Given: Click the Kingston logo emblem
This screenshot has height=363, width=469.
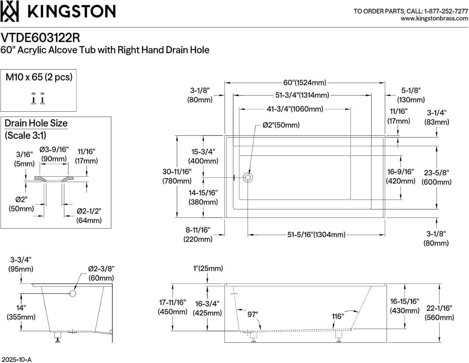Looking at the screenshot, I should click(10, 11).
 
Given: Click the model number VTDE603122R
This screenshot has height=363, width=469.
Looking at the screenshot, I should click(40, 38).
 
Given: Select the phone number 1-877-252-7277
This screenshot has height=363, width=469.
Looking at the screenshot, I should click(446, 11).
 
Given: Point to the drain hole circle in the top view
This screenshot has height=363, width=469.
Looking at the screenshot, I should click(248, 178).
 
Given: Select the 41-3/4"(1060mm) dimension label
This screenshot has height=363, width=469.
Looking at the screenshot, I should click(295, 109).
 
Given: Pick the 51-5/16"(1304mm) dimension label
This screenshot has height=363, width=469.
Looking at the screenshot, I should click(316, 235).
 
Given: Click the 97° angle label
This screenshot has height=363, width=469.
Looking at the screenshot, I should click(253, 314).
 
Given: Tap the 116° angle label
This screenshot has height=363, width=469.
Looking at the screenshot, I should click(338, 316).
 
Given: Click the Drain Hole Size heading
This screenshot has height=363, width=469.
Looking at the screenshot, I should click(36, 123).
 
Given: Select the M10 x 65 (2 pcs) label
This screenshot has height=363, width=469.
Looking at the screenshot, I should click(39, 77).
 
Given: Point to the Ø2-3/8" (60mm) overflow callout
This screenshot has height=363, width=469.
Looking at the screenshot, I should click(101, 273).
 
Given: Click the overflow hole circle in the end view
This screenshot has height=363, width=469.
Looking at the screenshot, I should click(73, 294).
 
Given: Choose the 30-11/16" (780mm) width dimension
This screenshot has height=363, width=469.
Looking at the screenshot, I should click(177, 176).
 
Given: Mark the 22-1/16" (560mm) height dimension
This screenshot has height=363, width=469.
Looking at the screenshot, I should click(439, 313).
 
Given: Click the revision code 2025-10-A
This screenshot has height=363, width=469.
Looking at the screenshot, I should click(17, 359).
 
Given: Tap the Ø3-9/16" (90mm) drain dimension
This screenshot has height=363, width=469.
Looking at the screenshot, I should click(54, 154).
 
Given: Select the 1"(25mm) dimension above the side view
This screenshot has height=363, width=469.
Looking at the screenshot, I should click(208, 268).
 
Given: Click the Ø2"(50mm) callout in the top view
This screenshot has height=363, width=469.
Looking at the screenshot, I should click(281, 125).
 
